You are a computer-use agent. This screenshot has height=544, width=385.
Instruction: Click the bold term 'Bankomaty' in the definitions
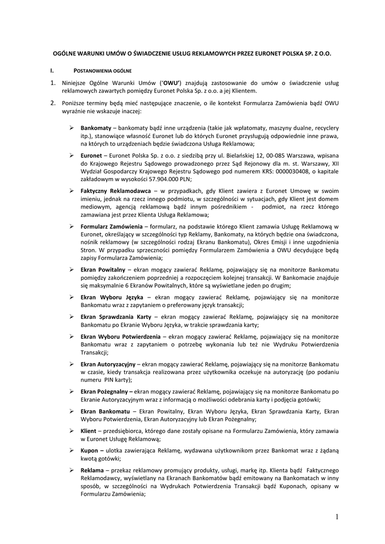point(96,129)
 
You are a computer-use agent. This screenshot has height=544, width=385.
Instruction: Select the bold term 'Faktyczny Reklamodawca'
point(115,191)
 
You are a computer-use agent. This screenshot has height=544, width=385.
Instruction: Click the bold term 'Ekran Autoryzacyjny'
point(108,364)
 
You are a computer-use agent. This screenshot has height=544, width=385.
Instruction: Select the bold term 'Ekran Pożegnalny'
point(106,392)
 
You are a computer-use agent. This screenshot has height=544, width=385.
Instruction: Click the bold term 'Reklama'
point(92,471)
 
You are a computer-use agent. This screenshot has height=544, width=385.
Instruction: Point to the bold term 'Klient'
point(88,430)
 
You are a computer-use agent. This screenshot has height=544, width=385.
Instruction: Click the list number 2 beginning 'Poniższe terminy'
point(53,103)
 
